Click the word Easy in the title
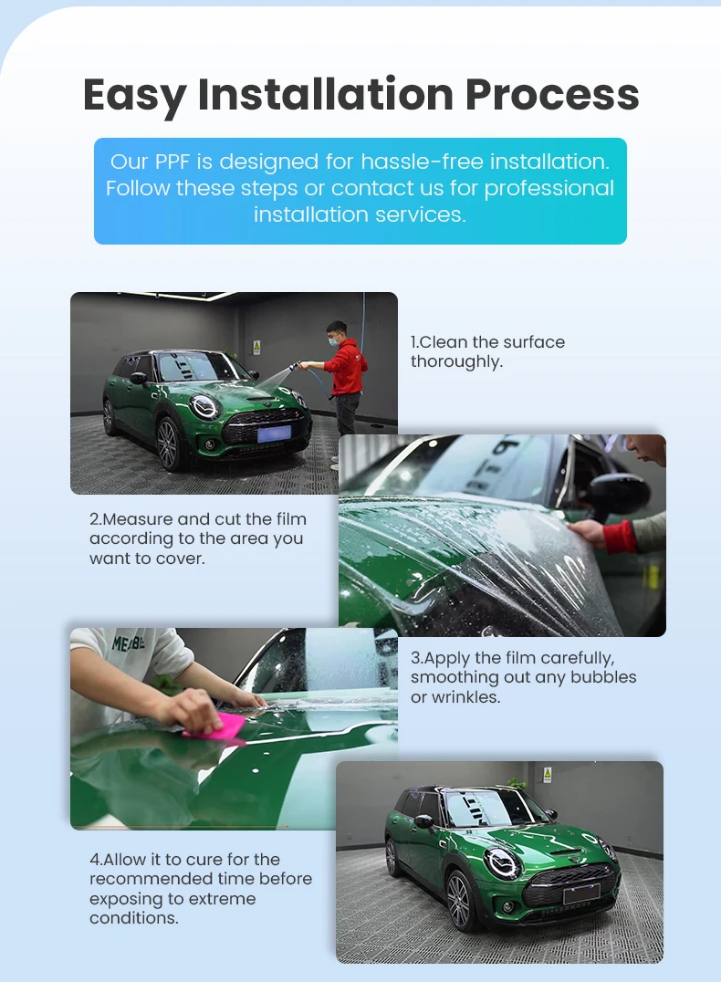point(134,96)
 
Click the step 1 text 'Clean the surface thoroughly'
point(487,351)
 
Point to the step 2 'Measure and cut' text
point(196,538)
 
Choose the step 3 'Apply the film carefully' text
point(523,677)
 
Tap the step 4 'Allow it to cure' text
point(200,889)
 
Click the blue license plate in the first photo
point(273,434)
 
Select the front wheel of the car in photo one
point(168,444)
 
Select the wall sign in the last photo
point(548,774)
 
